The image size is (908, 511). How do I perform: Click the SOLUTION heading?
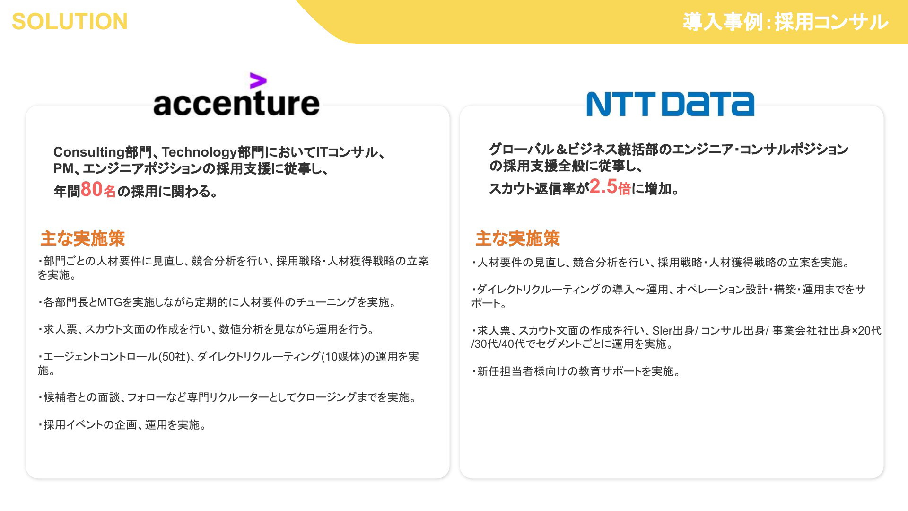click(70, 22)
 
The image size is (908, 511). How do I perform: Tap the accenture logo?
click(236, 95)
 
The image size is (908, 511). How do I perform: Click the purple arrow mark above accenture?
click(258, 81)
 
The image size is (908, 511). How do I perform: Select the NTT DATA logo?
click(670, 104)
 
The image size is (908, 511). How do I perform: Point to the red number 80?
click(92, 189)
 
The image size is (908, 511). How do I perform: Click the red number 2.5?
click(603, 186)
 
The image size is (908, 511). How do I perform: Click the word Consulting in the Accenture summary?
click(89, 152)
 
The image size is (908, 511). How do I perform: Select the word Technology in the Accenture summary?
click(199, 152)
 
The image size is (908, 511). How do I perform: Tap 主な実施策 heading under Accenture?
click(82, 238)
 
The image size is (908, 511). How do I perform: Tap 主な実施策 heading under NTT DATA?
click(517, 238)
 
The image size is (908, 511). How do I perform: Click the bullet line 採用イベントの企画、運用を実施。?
click(122, 425)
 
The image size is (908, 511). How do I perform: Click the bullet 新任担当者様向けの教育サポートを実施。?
click(576, 371)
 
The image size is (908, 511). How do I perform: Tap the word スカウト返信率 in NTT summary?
click(532, 189)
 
